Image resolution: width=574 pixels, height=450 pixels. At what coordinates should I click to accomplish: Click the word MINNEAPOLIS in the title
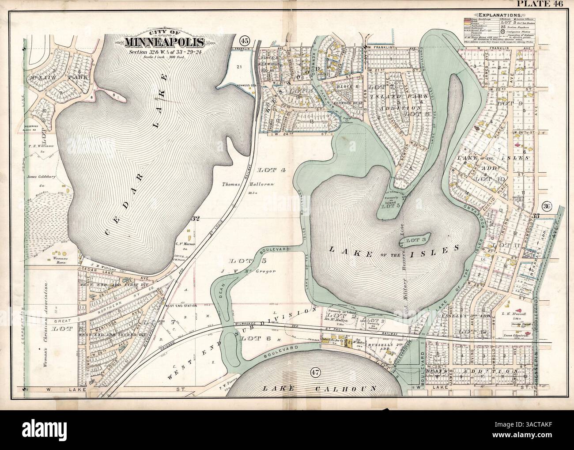pos(164,43)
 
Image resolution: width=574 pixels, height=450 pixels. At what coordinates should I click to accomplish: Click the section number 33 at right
pos(536,216)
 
